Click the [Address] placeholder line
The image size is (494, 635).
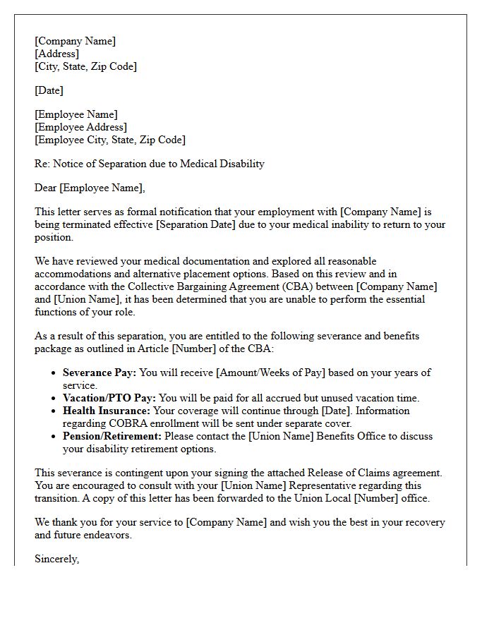56,54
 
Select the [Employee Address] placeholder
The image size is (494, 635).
80,127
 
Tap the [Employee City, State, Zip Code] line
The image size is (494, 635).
110,140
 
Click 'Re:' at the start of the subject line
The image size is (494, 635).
42,164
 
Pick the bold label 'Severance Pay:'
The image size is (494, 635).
100,373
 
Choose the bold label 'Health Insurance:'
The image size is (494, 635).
107,411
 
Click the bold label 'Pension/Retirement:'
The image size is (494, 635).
112,436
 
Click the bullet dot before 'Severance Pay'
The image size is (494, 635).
54,373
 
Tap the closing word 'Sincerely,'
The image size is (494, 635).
56,559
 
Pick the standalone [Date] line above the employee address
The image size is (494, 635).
49,90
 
